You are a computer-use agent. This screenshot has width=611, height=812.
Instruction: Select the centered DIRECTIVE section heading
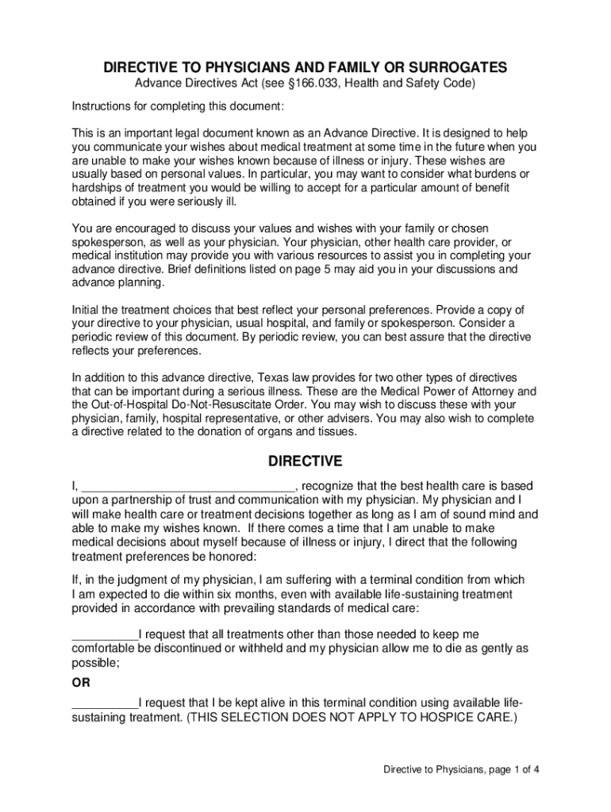[305, 461]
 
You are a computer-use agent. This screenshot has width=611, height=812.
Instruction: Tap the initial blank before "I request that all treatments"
[105, 634]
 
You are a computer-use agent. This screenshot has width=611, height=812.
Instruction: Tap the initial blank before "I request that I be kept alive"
[105, 704]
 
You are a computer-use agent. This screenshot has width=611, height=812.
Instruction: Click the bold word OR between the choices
[81, 683]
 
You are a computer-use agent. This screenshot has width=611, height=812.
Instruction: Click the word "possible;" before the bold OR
[95, 662]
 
